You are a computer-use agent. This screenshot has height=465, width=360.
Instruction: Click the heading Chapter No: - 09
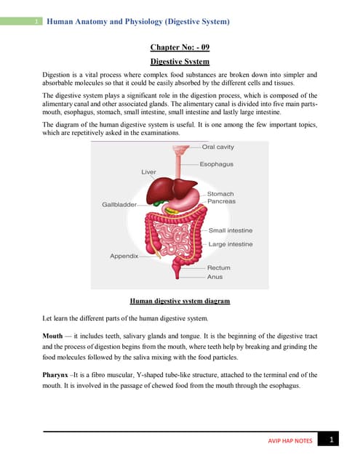pos(180,47)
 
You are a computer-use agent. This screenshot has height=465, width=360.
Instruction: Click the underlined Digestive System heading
pos(180,62)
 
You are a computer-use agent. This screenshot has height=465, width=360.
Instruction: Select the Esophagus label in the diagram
pos(216,164)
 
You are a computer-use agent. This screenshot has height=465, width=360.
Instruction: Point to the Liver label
pos(148,172)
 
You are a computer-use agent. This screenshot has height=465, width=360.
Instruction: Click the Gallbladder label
pos(119,205)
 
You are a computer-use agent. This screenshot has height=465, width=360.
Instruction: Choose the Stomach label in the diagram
pos(220,194)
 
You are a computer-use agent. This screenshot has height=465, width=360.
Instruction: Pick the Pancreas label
pos(221,201)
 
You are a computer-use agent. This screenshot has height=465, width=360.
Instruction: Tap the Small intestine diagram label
pos(231,230)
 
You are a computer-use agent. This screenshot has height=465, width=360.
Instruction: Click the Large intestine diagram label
pos(231,244)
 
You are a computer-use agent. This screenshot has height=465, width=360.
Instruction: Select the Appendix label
pos(124,256)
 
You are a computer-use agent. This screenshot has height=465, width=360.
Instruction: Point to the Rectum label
pos(218,268)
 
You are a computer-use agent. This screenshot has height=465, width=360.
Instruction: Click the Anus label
pos(215,277)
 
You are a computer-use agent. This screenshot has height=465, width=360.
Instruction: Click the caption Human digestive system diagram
pos(180,301)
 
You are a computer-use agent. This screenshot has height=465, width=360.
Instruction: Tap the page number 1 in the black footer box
pos(331,440)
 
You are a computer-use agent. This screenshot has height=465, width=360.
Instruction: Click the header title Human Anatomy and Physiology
pos(138,23)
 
